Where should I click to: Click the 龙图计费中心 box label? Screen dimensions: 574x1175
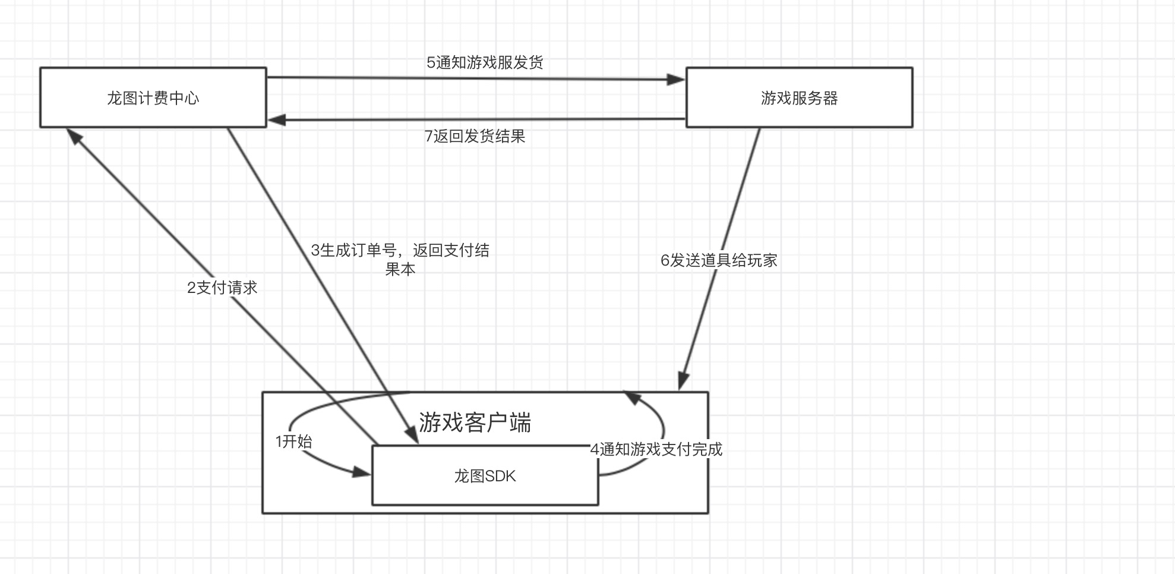coord(153,98)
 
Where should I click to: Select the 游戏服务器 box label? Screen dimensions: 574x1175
coord(799,98)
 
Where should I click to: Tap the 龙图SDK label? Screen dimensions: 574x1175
coord(485,477)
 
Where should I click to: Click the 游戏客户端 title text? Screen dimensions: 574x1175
coord(475,422)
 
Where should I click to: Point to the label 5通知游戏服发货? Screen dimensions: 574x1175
coord(485,62)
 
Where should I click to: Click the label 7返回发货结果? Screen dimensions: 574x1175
coord(475,136)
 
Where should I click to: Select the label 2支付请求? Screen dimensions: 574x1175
coord(222,288)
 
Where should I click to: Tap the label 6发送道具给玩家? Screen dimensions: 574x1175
coord(719,260)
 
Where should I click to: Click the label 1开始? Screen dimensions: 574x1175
coord(293,441)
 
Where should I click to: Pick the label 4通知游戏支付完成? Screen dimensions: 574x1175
coord(656,449)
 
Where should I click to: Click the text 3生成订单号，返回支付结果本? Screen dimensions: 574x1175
coord(400,259)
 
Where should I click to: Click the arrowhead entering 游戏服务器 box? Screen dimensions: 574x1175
coord(676,80)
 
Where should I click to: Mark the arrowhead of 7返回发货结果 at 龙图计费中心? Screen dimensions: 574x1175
coord(277,121)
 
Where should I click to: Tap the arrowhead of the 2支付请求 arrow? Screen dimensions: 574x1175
coord(74,136)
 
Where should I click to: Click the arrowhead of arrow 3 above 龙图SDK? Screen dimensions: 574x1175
coord(411,435)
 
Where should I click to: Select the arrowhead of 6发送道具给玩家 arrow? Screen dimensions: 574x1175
coord(683,381)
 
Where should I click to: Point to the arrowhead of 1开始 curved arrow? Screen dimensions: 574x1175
coord(361,472)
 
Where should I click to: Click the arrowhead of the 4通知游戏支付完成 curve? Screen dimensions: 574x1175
coord(632,397)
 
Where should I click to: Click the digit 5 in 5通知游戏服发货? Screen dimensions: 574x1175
coord(431,62)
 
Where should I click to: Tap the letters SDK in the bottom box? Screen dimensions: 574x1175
coord(500,477)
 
